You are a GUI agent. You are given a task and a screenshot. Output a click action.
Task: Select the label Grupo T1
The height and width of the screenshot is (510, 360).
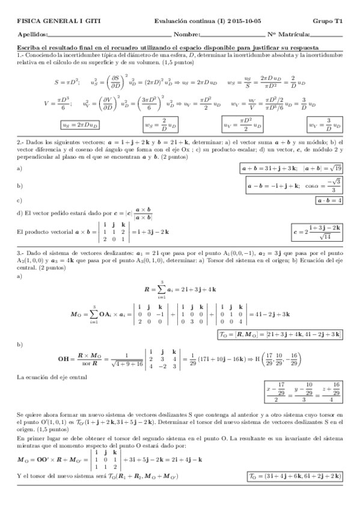pos(330,20)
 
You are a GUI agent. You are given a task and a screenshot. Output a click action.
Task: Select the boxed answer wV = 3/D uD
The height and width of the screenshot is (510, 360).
pos(325,124)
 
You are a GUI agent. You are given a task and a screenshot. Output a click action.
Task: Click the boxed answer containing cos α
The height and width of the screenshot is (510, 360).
pos(295,186)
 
